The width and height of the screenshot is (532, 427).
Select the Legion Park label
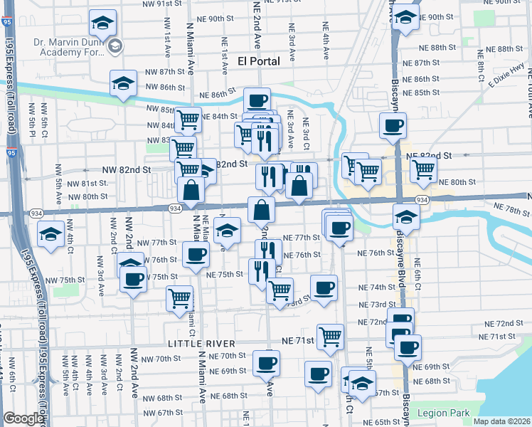click(x=443, y=413)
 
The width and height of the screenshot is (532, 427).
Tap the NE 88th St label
click(x=441, y=48)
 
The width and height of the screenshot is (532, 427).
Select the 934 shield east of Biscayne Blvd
click(x=422, y=200)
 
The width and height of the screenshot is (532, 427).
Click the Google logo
click(x=23, y=418)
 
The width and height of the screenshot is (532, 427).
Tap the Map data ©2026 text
click(x=501, y=421)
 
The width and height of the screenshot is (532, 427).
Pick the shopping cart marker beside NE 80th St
click(x=423, y=169)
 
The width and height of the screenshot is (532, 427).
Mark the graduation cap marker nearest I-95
click(x=51, y=233)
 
